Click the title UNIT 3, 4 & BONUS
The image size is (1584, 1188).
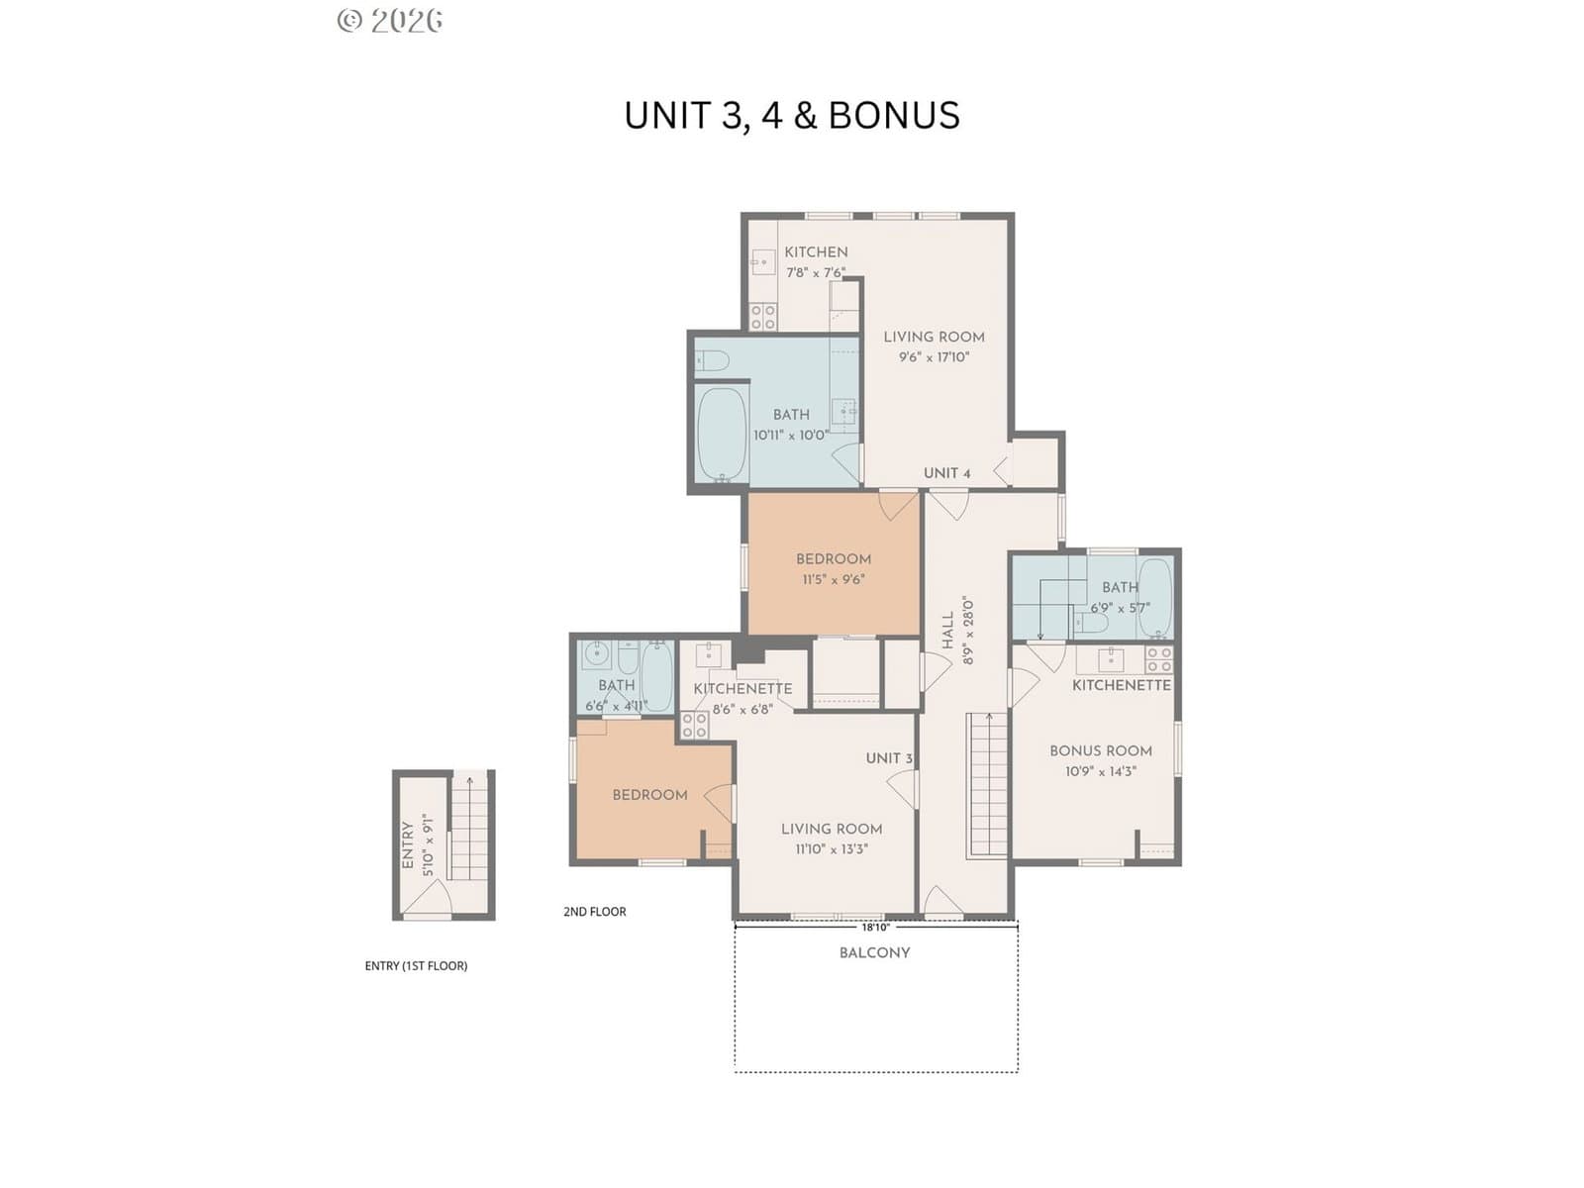click(x=792, y=116)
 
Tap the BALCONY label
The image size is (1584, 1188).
click(x=874, y=952)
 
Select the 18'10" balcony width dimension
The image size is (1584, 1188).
click(x=875, y=927)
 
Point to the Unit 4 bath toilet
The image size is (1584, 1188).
click(x=712, y=360)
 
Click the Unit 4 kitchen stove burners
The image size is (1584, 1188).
click(x=762, y=317)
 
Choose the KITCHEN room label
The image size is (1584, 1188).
click(x=816, y=251)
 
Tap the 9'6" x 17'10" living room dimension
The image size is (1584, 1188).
click(x=934, y=356)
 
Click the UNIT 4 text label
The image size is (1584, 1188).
click(x=946, y=473)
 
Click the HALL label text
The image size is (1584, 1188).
click(x=948, y=630)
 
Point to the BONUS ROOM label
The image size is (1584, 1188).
click(x=1101, y=750)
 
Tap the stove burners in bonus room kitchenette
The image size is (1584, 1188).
click(x=1159, y=659)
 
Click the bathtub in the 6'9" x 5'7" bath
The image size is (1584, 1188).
click(x=1154, y=598)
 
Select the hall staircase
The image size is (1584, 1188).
click(x=986, y=785)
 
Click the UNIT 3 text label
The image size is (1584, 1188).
click(x=889, y=758)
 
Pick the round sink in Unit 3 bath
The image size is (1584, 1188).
click(x=597, y=654)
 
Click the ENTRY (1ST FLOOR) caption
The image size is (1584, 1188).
click(x=416, y=966)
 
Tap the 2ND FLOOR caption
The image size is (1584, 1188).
click(x=595, y=912)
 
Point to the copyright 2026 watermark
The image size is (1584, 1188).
click(x=390, y=21)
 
